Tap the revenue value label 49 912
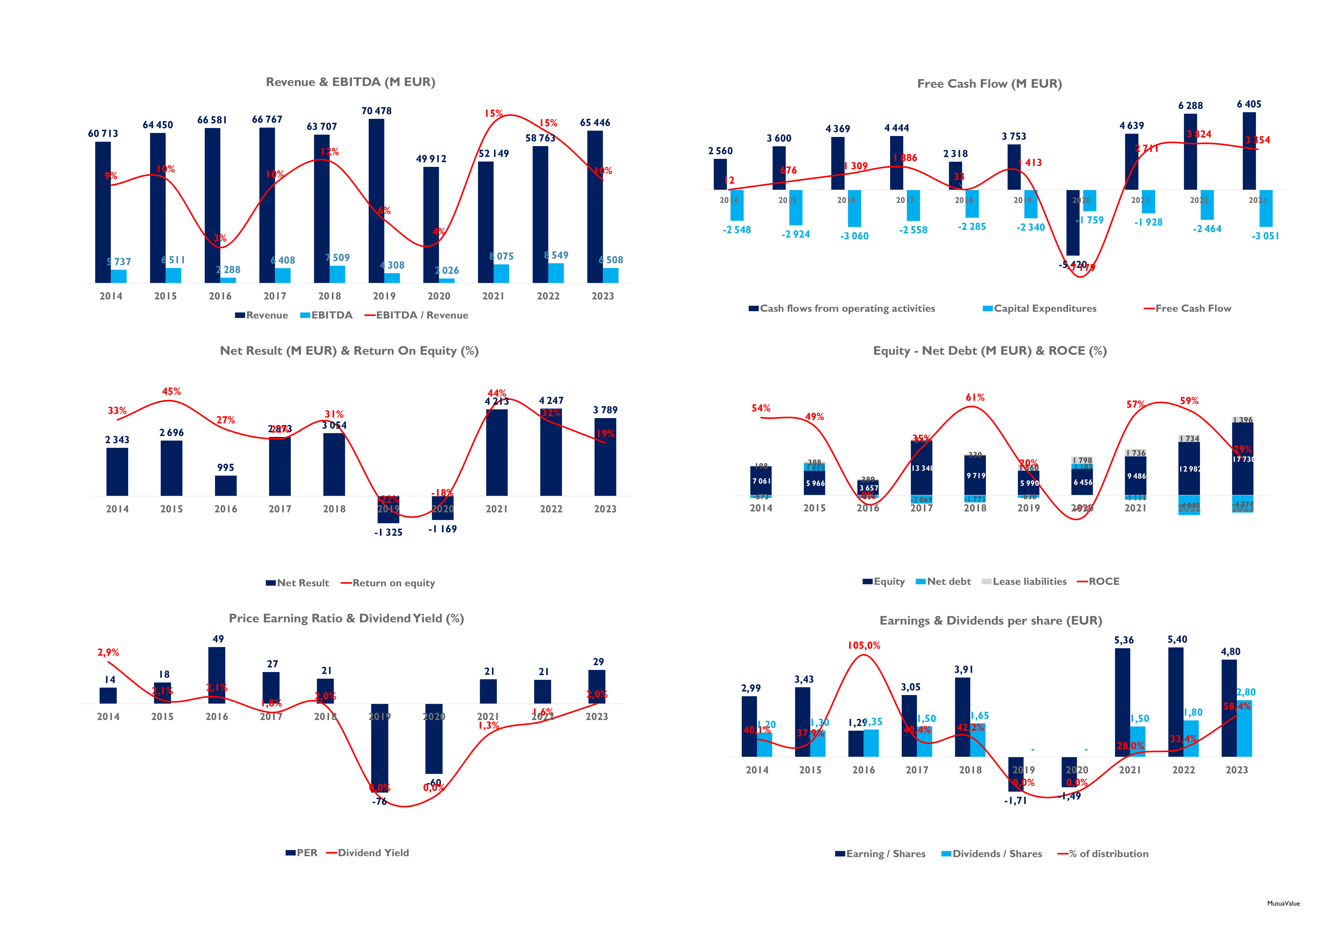[431, 159]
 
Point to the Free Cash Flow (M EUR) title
[989, 84]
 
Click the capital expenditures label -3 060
[854, 236]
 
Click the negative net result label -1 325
[388, 532]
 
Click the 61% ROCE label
[975, 397]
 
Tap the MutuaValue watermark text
[1283, 904]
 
